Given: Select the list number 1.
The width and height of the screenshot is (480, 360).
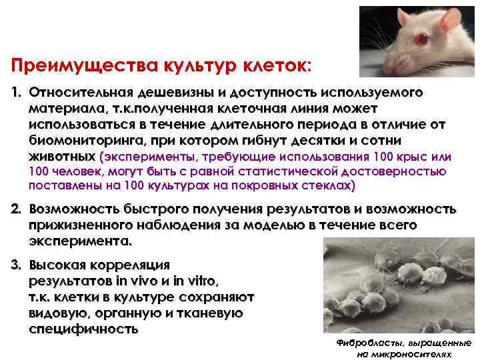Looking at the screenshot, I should point(16,92).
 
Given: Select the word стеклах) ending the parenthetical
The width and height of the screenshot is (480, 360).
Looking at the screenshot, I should point(329,185).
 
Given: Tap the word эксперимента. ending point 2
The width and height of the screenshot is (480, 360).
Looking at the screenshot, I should point(81,240).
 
